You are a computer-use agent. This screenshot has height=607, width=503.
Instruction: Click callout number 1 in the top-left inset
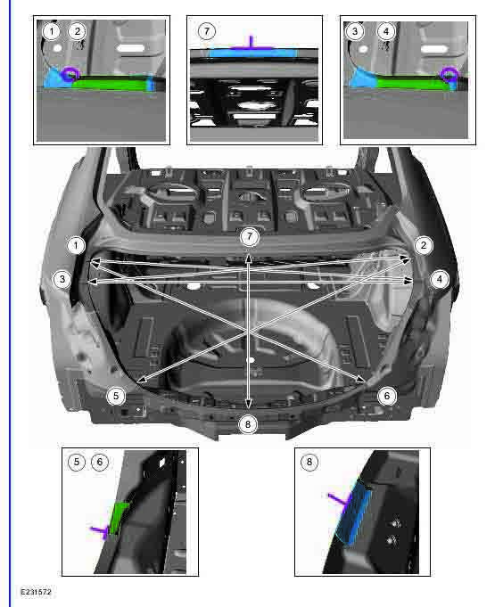pyautogui.click(x=53, y=31)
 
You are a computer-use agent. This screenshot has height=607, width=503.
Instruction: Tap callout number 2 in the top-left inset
pyautogui.click(x=78, y=31)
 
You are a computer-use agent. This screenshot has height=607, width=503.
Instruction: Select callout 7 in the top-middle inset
pyautogui.click(x=207, y=31)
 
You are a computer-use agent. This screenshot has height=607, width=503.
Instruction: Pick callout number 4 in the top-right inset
pyautogui.click(x=386, y=31)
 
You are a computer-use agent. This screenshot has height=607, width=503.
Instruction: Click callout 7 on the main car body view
pyautogui.click(x=249, y=236)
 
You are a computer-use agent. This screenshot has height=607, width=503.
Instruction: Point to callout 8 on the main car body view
pyautogui.click(x=249, y=424)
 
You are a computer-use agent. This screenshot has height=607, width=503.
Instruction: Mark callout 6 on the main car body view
pyautogui.click(x=386, y=395)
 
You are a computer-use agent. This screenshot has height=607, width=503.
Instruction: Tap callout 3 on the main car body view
pyautogui.click(x=61, y=279)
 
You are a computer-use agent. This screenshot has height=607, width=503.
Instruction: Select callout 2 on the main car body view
pyautogui.click(x=424, y=245)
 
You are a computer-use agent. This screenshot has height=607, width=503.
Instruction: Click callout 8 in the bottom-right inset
pyautogui.click(x=309, y=462)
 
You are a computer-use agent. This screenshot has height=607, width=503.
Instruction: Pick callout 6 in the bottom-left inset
pyautogui.click(x=100, y=462)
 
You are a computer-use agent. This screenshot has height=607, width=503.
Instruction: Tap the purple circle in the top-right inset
pyautogui.click(x=451, y=76)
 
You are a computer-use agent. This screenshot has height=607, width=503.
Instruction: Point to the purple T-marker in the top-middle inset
pyautogui.click(x=252, y=42)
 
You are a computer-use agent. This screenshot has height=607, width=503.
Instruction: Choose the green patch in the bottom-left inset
pyautogui.click(x=119, y=517)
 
